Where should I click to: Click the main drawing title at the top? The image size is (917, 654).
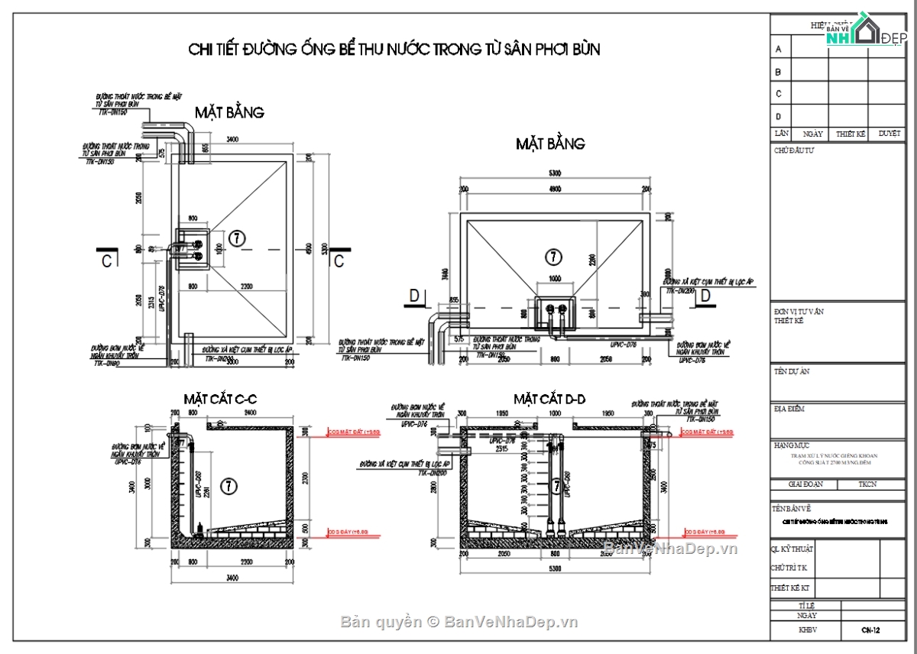394,50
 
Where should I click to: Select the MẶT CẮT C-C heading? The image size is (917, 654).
220,399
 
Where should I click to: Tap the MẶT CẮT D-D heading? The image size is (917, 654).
549,399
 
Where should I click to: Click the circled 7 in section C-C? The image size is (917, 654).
227,484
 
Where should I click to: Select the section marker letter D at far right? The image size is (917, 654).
705,295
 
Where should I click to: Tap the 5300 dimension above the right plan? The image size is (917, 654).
555,173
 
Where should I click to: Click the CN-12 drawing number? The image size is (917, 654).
870,630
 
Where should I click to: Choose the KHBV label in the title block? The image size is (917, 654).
807,630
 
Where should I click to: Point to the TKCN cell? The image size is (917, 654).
867,484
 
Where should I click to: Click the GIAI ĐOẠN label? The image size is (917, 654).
805,484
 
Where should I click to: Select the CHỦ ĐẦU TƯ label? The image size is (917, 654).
794,151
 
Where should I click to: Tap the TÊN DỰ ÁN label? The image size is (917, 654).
792,371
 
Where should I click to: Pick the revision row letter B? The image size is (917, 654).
779,72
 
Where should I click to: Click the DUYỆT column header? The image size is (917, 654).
889,133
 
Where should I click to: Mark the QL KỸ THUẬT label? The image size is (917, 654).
793,549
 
